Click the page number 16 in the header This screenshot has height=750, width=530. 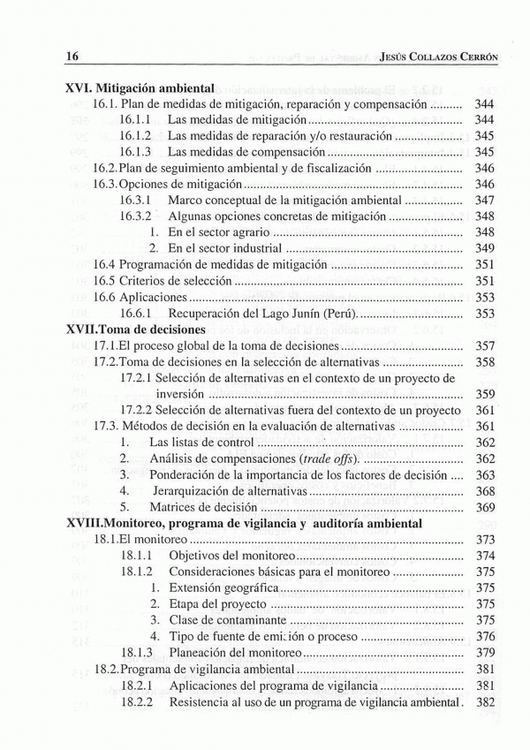[x=73, y=55]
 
